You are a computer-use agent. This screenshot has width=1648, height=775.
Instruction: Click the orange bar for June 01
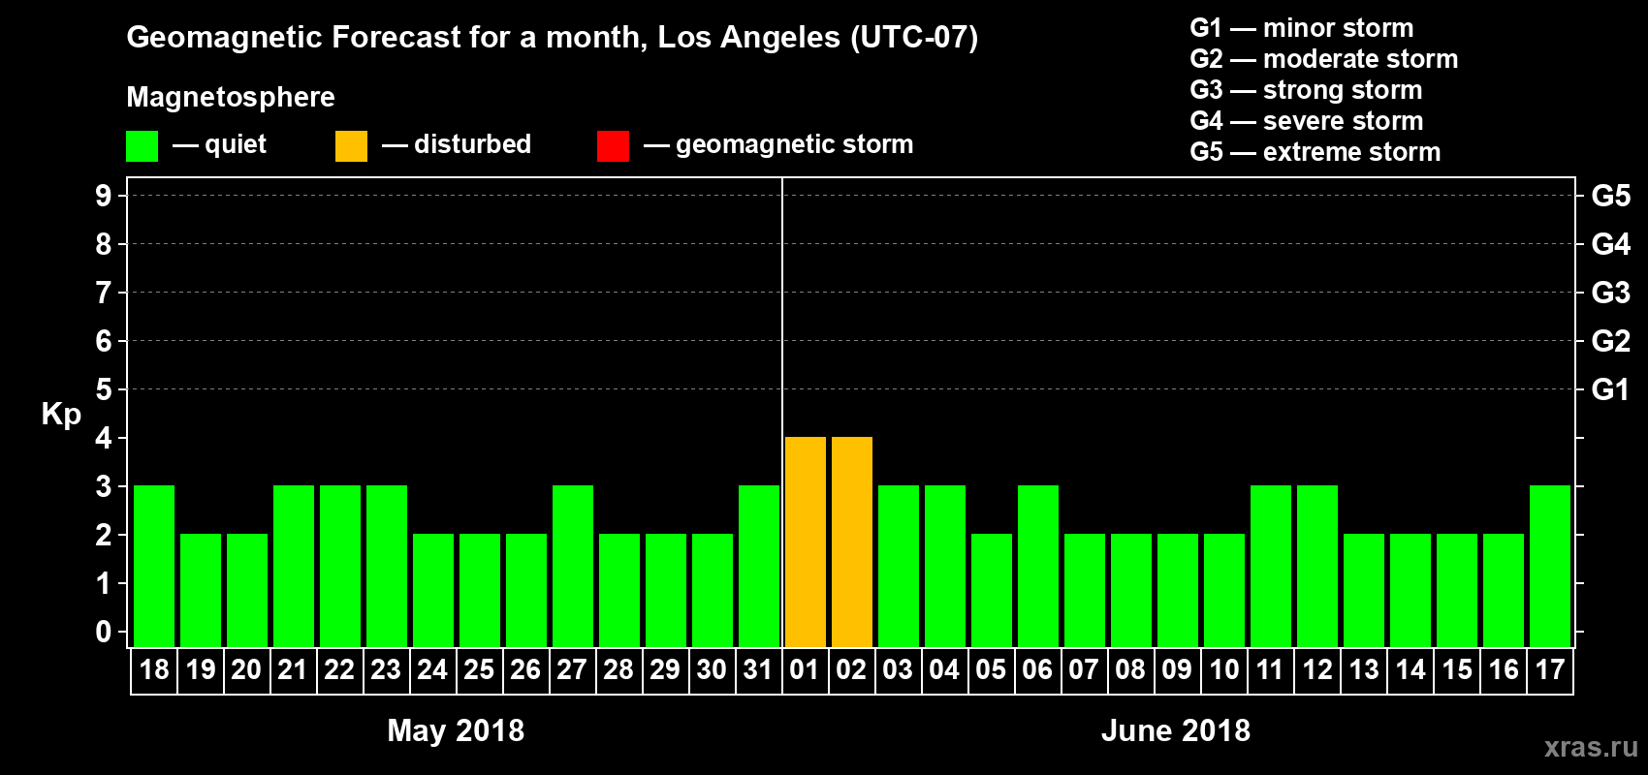806,542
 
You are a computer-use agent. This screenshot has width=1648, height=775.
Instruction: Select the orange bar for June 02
852,542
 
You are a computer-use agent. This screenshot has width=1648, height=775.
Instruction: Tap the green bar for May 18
154,566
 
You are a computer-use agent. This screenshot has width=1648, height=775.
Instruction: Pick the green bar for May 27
573,566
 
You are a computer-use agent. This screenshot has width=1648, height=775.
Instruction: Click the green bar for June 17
1550,566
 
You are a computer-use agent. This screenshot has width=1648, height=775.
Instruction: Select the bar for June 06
1038,566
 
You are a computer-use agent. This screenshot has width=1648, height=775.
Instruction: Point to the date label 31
758,669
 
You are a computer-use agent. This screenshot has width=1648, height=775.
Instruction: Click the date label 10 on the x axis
1223,669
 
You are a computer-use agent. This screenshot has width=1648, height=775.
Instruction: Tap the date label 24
432,669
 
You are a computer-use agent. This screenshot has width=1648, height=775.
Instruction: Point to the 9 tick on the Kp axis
104,196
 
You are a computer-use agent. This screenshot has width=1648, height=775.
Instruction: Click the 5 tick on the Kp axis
104,389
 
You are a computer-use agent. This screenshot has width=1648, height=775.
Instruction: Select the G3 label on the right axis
1610,293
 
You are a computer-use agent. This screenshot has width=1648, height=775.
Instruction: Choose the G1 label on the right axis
1610,389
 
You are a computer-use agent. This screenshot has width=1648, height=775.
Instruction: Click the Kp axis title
61,415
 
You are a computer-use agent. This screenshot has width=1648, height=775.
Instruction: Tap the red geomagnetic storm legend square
613,146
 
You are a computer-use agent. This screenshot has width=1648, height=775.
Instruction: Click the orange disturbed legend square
351,146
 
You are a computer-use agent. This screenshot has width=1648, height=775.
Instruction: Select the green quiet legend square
142,146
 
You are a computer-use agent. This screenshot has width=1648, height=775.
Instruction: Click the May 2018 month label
456,730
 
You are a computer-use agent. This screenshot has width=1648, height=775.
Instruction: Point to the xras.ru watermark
1591,747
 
